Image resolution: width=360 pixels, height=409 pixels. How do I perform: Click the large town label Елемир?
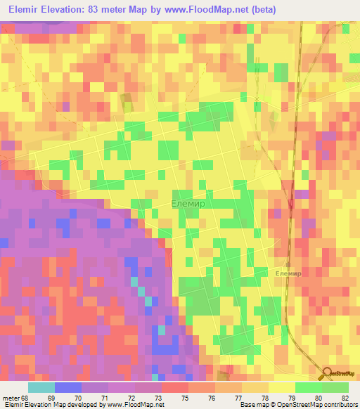click(x=188, y=203)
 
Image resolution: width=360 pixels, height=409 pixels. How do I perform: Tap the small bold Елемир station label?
click(x=288, y=273)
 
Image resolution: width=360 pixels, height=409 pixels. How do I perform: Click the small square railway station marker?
click(x=288, y=265)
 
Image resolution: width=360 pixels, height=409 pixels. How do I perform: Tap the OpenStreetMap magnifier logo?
click(x=328, y=375)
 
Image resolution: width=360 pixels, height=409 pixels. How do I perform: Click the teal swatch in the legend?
click(x=41, y=387)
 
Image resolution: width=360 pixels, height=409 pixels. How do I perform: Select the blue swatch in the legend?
click(x=68, y=387)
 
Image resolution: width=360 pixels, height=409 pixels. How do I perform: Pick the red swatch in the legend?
click(x=175, y=387)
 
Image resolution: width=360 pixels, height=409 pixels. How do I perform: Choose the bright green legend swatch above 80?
click(x=309, y=387)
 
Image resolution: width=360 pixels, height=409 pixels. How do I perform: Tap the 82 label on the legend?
click(x=344, y=398)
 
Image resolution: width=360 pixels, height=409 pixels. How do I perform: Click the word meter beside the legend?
click(x=10, y=398)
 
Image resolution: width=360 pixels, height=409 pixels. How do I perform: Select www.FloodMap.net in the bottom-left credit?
click(x=134, y=405)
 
